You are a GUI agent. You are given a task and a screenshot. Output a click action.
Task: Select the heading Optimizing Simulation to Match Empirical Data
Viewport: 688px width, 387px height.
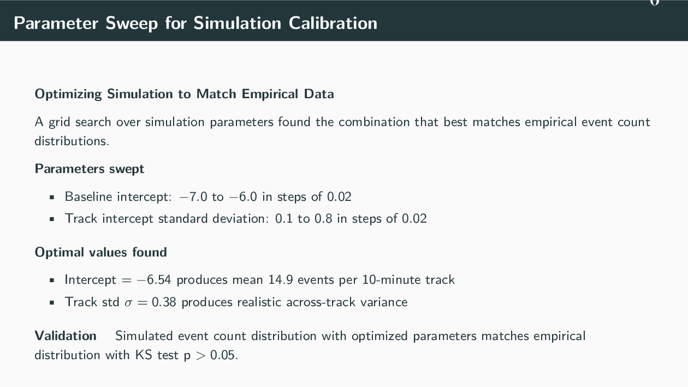click(184, 94)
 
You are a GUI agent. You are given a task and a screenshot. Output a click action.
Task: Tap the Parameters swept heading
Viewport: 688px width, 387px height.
click(90, 169)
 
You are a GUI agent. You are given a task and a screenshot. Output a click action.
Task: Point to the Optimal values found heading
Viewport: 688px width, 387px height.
click(100, 252)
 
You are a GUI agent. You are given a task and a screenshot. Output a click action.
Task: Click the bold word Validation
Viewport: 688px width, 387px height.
click(66, 335)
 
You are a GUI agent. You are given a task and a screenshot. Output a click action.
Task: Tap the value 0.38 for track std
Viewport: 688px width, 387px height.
click(164, 302)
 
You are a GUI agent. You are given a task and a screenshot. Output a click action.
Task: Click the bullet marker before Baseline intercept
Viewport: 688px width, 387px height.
click(52, 197)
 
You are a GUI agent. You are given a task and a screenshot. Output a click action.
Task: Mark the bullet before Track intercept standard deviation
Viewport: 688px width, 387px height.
click(52, 219)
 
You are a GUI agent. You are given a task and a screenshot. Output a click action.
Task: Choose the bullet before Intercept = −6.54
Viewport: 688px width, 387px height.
click(52, 281)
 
